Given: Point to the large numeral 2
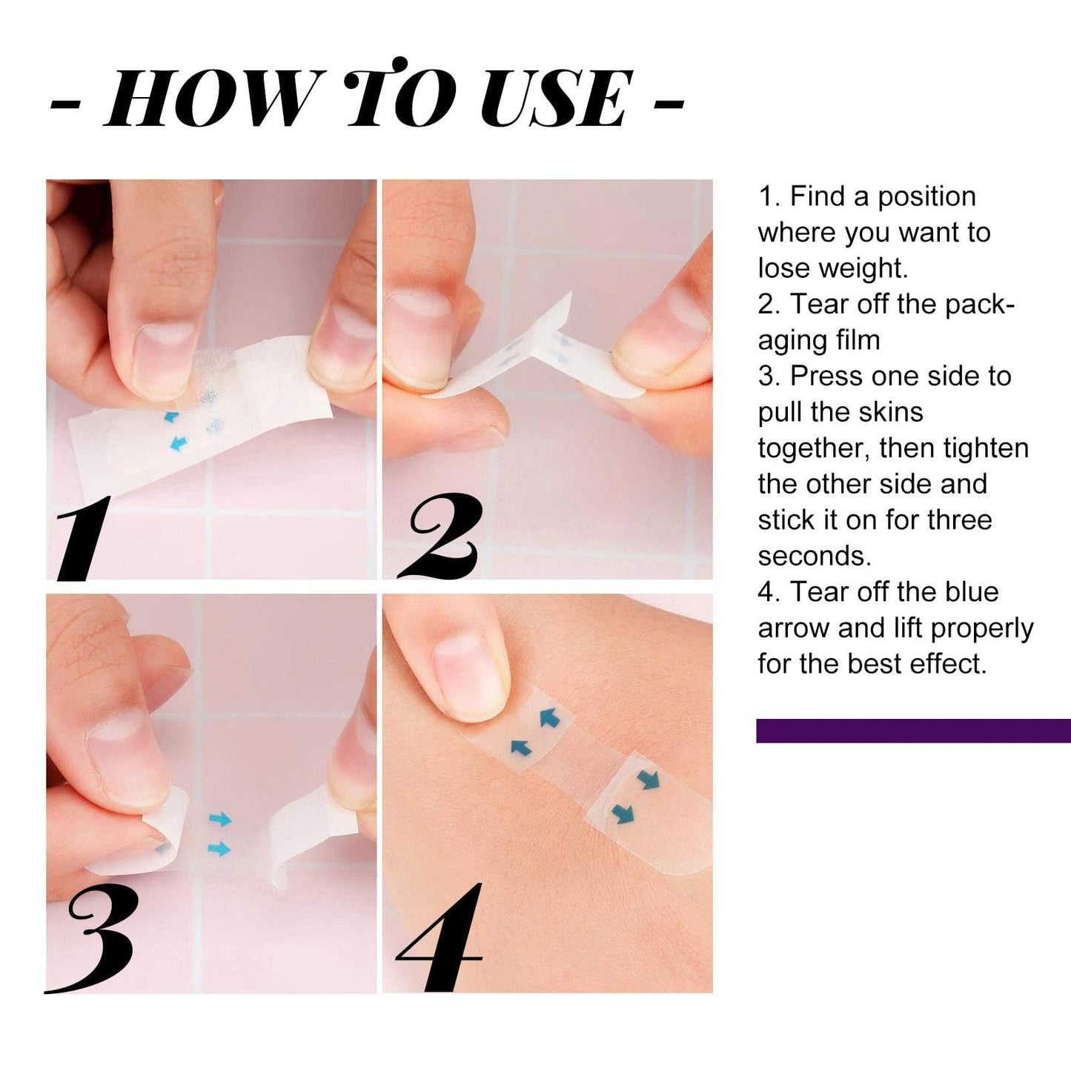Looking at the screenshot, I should pyautogui.click(x=441, y=537).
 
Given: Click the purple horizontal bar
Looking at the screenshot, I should pyautogui.click(x=913, y=730).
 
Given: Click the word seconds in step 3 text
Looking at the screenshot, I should pyautogui.click(x=814, y=556).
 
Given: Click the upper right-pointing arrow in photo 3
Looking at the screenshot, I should pyautogui.click(x=221, y=819).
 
